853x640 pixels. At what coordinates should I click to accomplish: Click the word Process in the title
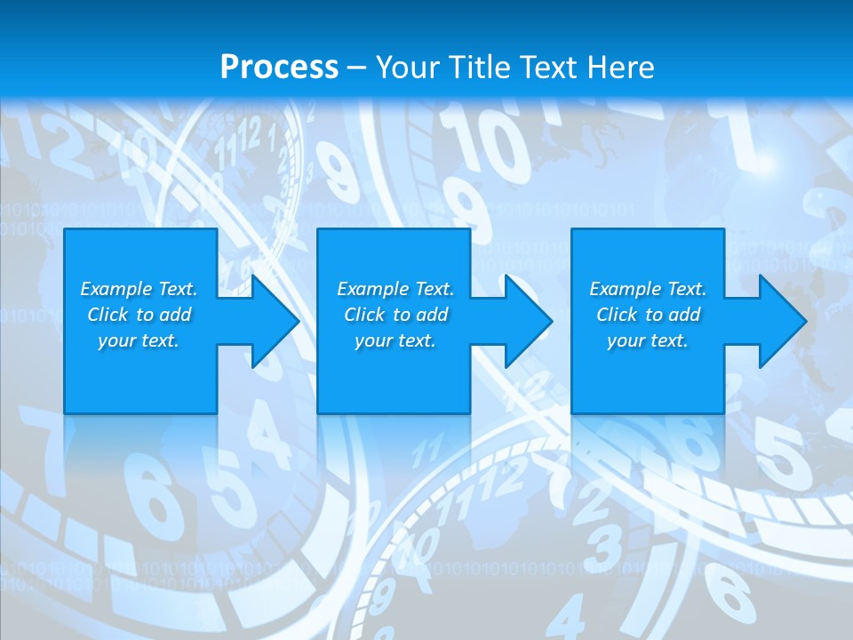[x=279, y=67]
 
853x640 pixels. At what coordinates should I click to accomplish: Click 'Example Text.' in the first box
[x=139, y=289]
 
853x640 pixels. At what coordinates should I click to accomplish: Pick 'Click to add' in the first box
[x=139, y=315]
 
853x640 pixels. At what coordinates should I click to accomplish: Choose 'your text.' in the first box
[x=139, y=340]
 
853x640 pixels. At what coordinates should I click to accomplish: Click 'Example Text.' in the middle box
[x=395, y=289]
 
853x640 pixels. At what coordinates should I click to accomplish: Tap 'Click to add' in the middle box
[x=395, y=315]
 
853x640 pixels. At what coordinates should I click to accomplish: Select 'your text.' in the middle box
[x=395, y=340]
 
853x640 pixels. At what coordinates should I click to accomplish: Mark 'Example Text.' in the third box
[x=648, y=289]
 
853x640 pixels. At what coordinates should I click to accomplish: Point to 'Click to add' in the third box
[x=648, y=315]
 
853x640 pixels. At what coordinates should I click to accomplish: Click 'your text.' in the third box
[x=648, y=340]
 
